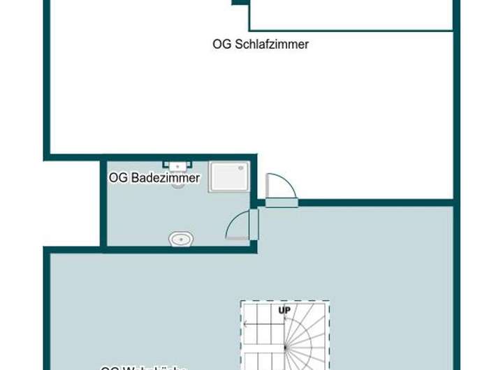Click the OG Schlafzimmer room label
coord(261,44)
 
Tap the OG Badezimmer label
coord(154,178)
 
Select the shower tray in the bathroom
coord(230,177)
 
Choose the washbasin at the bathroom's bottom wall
coord(180,239)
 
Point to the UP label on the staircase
coord(284,311)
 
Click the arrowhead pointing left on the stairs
coord(245,324)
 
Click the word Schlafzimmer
coord(272,44)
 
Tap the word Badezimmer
coord(166,178)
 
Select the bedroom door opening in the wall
coord(282,203)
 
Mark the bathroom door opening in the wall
coord(254,224)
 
